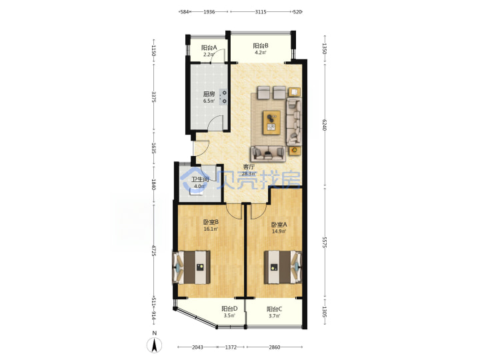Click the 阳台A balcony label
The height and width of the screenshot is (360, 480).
click(209, 48)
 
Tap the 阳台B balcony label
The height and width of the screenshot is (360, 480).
click(261, 46)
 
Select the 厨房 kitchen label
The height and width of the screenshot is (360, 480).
click(209, 94)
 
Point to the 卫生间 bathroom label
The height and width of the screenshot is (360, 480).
click(200, 180)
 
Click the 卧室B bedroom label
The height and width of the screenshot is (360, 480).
click(211, 222)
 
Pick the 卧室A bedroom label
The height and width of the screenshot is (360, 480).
click(279, 225)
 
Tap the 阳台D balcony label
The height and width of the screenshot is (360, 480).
click(229, 309)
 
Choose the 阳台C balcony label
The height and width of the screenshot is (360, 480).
click(274, 309)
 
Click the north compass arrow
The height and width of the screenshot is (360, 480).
click(155, 345)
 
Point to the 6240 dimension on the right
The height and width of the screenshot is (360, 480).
click(325, 125)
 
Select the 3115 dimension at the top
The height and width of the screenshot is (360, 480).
click(261, 12)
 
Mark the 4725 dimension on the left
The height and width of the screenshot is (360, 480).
click(154, 251)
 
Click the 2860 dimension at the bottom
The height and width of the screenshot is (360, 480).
click(274, 347)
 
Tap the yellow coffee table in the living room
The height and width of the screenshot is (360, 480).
click(271, 123)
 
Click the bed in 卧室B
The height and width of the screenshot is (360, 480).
click(191, 267)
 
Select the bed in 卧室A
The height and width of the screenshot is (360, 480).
click(283, 267)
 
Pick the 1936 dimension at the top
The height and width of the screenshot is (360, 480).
click(209, 12)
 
